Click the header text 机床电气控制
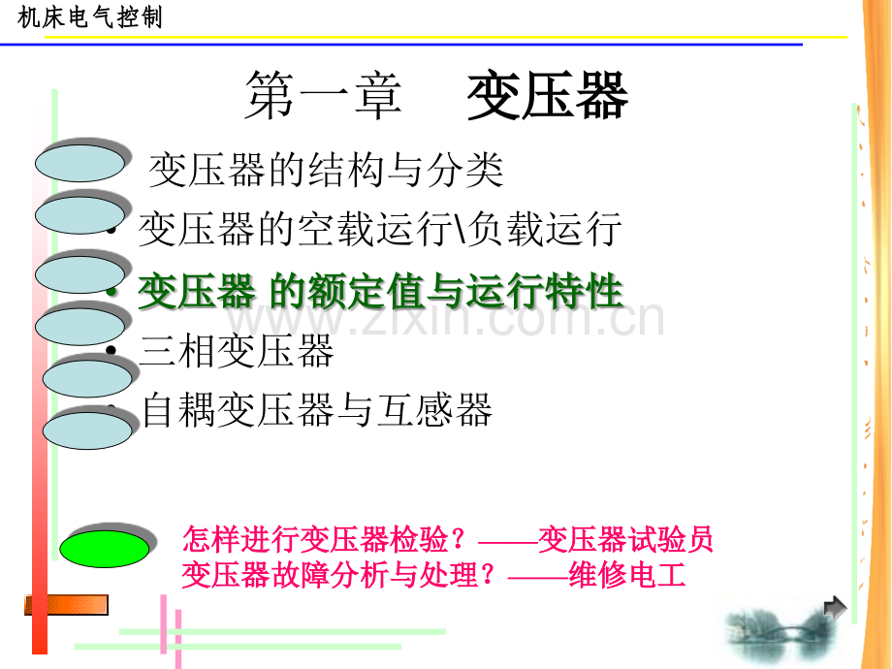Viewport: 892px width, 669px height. point(90,17)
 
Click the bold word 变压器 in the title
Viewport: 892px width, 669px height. point(547,96)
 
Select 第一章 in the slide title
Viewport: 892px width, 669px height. point(324,96)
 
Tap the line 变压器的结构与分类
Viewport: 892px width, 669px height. point(326,170)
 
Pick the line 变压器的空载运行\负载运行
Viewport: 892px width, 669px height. point(380,229)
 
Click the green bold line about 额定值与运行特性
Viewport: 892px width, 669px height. point(381,291)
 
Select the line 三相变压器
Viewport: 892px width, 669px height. point(237,350)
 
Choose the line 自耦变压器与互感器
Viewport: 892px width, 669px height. point(317,409)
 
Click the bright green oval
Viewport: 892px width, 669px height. point(105,549)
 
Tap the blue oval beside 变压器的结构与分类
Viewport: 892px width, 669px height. point(80,163)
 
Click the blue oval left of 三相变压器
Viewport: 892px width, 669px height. point(80,327)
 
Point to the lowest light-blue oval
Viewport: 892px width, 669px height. point(87,430)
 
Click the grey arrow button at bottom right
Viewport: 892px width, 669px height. point(835,608)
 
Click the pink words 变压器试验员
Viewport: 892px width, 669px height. point(625,539)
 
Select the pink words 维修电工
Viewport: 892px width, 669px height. point(627,575)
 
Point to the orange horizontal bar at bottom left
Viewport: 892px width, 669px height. point(66,605)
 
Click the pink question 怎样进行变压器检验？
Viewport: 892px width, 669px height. point(324,539)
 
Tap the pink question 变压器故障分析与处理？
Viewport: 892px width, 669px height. point(339,575)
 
